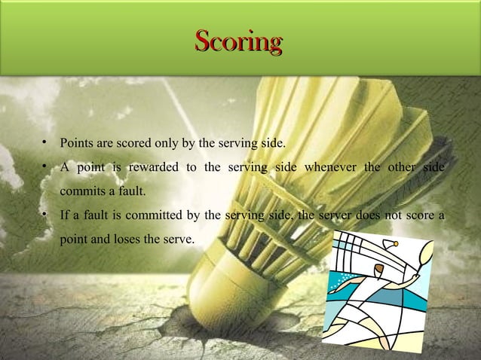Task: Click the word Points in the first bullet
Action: click(78, 142)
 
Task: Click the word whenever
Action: click(331, 166)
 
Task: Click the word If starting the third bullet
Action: click(65, 217)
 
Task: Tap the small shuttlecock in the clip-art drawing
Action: click(393, 243)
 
